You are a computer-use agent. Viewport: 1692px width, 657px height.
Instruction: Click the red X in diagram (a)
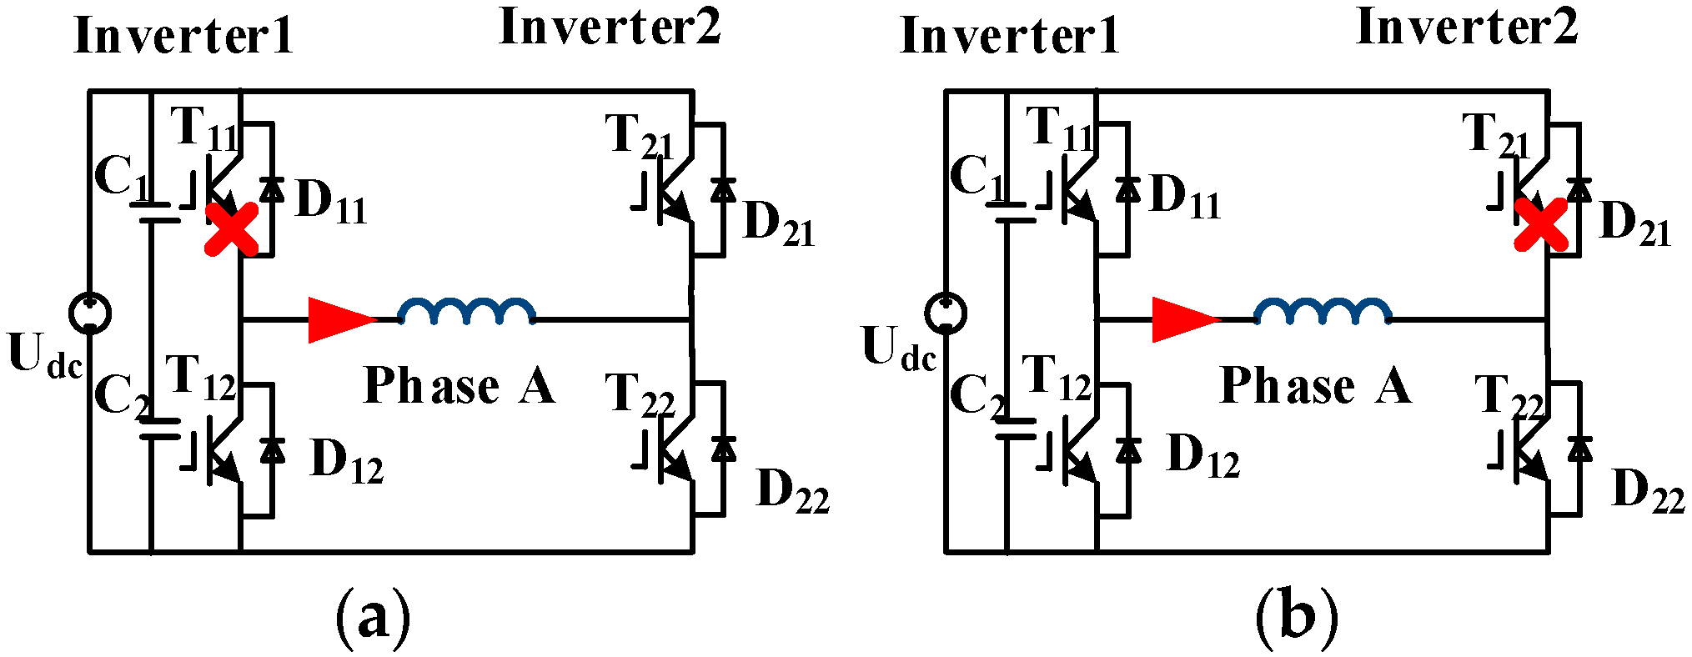pyautogui.click(x=232, y=229)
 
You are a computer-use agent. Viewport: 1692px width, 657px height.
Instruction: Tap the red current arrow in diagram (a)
pyautogui.click(x=340, y=319)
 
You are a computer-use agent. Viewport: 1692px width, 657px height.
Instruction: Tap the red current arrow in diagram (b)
pyautogui.click(x=1184, y=319)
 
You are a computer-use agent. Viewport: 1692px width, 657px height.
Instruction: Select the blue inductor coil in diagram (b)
pyautogui.click(x=1323, y=311)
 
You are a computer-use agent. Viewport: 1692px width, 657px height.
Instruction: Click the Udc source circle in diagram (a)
pyautogui.click(x=89, y=313)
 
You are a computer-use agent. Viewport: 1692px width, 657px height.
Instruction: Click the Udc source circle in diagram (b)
pyautogui.click(x=946, y=313)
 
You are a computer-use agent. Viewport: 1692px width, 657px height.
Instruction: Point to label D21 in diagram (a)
pyautogui.click(x=778, y=223)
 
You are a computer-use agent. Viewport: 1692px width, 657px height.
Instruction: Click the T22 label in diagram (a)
pyautogui.click(x=640, y=394)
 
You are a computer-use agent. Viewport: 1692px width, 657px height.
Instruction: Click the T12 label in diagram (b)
pyautogui.click(x=1056, y=377)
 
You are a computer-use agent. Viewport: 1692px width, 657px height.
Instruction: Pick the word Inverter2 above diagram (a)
pyautogui.click(x=610, y=27)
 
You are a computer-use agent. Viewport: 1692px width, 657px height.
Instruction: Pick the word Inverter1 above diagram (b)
pyautogui.click(x=1009, y=37)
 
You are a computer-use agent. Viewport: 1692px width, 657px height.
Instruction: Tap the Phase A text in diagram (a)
pyautogui.click(x=459, y=386)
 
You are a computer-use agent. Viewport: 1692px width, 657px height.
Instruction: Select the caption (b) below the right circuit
pyautogui.click(x=1297, y=619)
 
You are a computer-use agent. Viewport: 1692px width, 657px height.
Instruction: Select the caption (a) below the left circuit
pyautogui.click(x=373, y=619)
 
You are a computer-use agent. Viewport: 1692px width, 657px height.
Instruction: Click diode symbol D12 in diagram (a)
pyautogui.click(x=272, y=450)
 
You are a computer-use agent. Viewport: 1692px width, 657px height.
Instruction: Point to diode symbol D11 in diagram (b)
pyautogui.click(x=1127, y=190)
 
